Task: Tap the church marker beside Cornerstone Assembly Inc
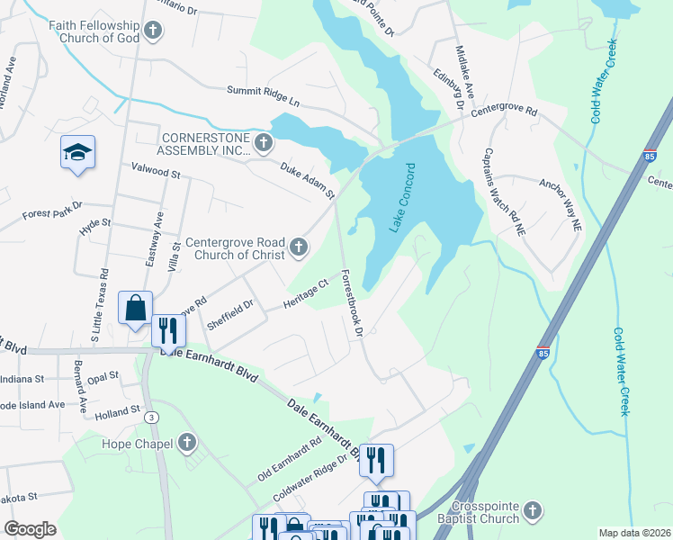[263, 143]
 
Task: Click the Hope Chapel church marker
[186, 442]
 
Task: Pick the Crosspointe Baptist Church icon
[532, 512]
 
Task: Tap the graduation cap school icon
[78, 154]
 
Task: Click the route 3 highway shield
[152, 418]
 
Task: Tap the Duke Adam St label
[307, 180]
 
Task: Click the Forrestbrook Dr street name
[351, 303]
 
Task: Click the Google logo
[30, 529]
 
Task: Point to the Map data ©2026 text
[634, 533]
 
